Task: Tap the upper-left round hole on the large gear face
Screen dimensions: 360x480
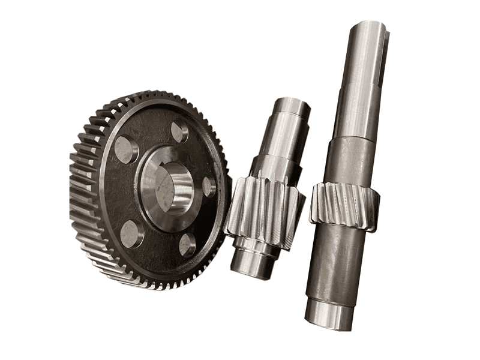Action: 127,149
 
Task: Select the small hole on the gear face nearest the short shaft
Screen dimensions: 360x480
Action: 208,187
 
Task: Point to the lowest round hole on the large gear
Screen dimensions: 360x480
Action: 188,244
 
